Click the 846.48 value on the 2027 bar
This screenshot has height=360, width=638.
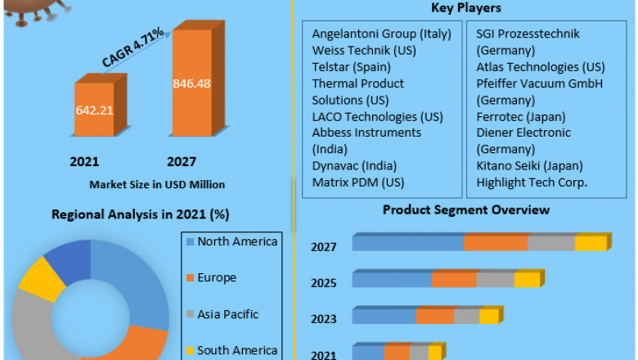click(192, 83)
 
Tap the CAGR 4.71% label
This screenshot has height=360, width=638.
click(133, 48)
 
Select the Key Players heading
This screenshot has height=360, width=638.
click(466, 8)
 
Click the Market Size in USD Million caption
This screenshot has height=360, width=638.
click(157, 184)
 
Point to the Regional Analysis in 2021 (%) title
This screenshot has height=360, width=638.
click(140, 214)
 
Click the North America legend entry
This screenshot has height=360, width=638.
click(237, 241)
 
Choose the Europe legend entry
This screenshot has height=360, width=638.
click(216, 277)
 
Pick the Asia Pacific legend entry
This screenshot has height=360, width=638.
click(228, 313)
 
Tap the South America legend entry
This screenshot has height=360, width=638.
click(236, 349)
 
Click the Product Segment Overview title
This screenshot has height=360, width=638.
click(466, 210)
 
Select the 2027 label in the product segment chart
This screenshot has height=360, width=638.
click(323, 247)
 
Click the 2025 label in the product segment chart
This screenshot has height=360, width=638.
click(323, 283)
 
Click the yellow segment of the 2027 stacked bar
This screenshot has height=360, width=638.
click(590, 243)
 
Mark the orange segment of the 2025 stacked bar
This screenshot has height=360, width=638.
click(454, 280)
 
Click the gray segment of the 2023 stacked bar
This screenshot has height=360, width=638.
click(466, 317)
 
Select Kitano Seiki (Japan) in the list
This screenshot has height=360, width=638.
click(528, 166)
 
